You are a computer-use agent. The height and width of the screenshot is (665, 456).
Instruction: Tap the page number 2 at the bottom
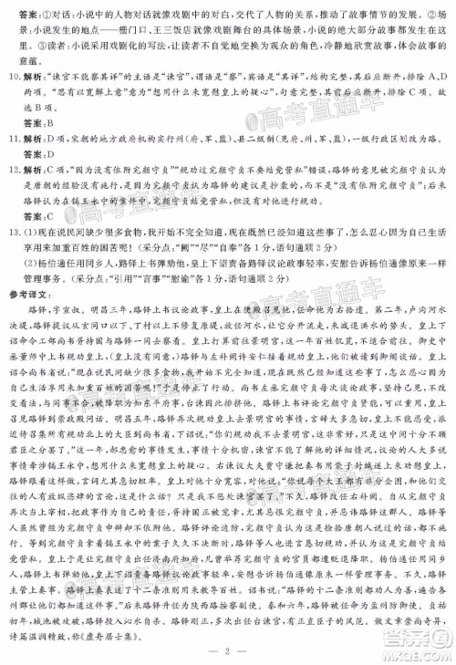point(228,649)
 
